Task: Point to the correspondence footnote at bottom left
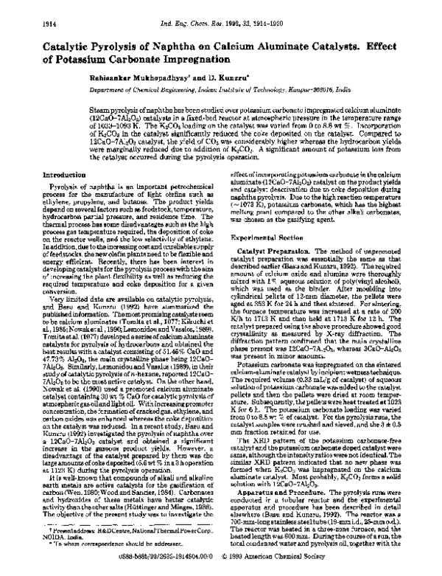click(110, 555)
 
